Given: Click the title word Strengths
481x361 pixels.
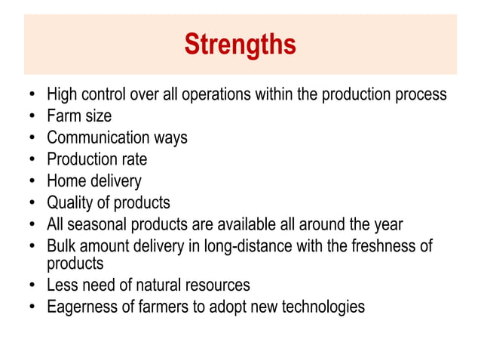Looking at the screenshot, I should [x=240, y=45].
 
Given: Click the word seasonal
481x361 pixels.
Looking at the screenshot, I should [x=96, y=224].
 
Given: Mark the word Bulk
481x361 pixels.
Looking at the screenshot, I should [x=61, y=246].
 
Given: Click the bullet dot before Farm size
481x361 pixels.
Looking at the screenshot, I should [x=31, y=117].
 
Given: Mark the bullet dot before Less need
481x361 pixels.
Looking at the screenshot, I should [x=31, y=286].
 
